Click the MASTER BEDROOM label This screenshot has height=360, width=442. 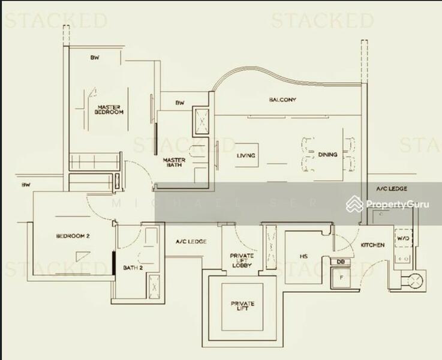pyautogui.click(x=110, y=110)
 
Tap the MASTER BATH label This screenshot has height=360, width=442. pyautogui.click(x=174, y=163)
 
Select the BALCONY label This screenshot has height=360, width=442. pyautogui.click(x=282, y=100)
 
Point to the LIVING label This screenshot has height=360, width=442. pyautogui.click(x=246, y=155)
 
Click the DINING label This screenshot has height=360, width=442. pyautogui.click(x=327, y=155)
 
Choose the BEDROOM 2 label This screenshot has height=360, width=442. pyautogui.click(x=73, y=236)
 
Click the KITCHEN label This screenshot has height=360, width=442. pyautogui.click(x=372, y=245)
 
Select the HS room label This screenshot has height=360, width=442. pyautogui.click(x=303, y=257)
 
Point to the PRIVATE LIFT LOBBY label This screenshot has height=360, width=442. pyautogui.click(x=242, y=260)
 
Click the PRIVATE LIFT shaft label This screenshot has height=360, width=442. pyautogui.click(x=242, y=307)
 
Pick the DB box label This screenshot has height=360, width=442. pyautogui.click(x=340, y=262)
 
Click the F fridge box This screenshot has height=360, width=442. pyautogui.click(x=341, y=277)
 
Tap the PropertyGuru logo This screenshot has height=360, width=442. pyautogui.click(x=389, y=205)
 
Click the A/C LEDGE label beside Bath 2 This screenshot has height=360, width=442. pyautogui.click(x=191, y=242)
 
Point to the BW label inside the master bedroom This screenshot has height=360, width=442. pyautogui.click(x=94, y=58)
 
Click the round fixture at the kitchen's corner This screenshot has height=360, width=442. pyautogui.click(x=414, y=280)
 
